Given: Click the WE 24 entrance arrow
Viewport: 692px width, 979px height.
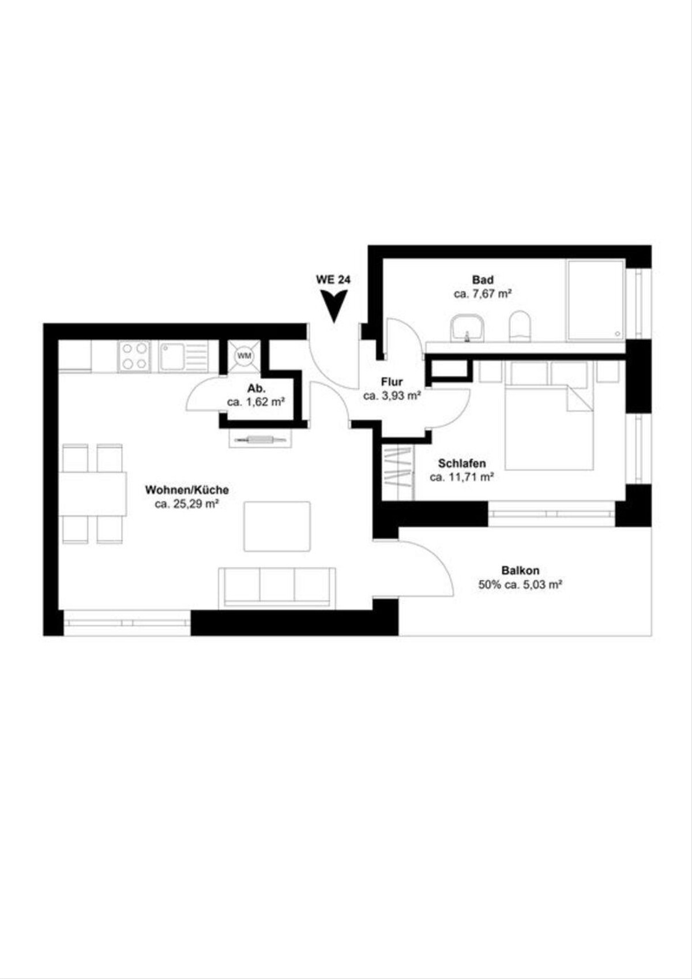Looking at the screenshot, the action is tap(334, 306).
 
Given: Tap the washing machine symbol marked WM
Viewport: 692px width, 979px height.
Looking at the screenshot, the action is tap(244, 356).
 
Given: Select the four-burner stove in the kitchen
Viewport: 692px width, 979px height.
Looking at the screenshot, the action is tap(134, 356).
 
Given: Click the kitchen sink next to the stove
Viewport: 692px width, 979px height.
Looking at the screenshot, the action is tap(183, 356).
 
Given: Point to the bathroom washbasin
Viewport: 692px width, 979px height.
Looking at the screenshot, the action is tap(467, 327).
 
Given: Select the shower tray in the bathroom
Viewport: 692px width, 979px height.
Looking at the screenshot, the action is tap(596, 300).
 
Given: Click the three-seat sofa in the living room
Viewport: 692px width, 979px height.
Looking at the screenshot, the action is tap(277, 587).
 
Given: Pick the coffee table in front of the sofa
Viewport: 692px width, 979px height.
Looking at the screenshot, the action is tap(277, 526).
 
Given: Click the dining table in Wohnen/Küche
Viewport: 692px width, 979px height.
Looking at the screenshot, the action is tap(93, 493).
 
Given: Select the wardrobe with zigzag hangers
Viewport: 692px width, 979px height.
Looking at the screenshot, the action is tap(398, 473).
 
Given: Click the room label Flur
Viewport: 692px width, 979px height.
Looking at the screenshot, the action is tap(392, 382).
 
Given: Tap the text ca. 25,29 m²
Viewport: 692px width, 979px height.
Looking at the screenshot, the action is tap(186, 504).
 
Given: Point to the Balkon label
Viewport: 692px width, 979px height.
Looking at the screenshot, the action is tap(520, 570).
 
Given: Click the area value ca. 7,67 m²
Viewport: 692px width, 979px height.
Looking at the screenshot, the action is tap(483, 294).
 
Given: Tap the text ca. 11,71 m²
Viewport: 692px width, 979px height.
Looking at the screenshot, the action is tap(462, 477).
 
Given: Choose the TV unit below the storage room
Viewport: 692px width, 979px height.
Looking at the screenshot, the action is tap(261, 438).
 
